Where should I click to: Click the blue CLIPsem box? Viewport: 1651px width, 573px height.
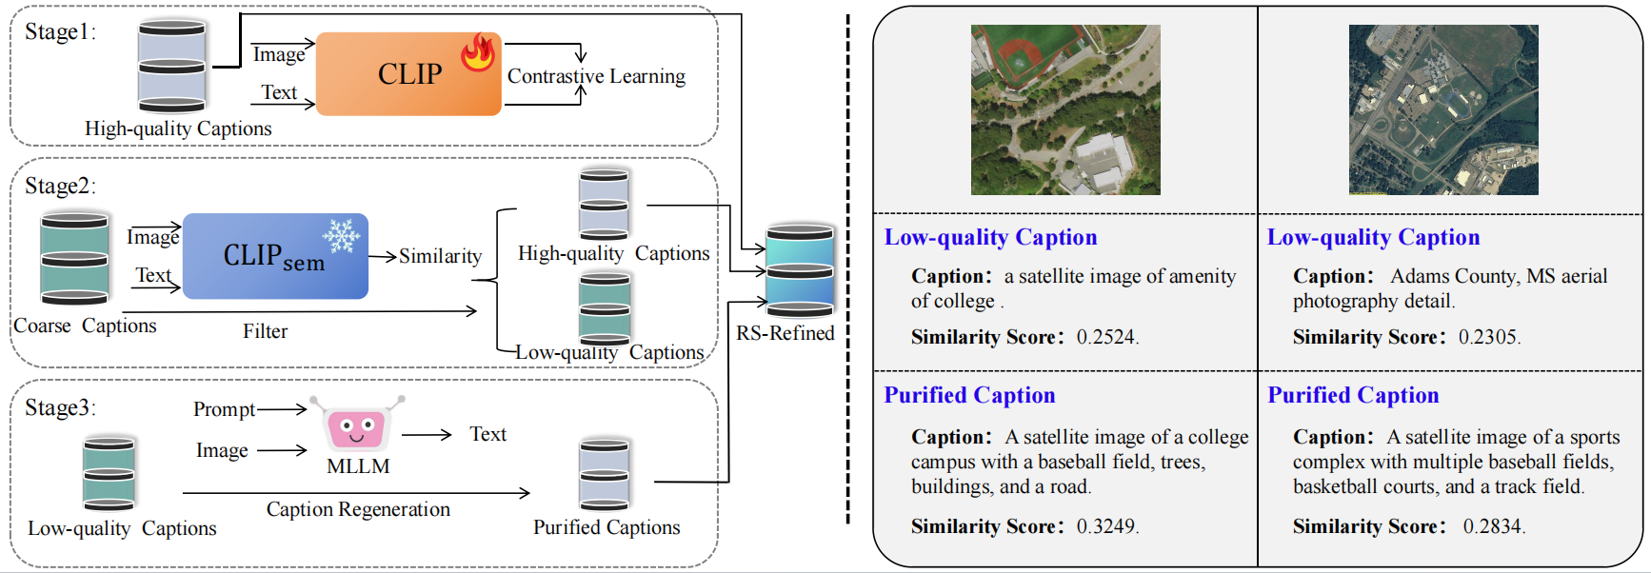pos(274,256)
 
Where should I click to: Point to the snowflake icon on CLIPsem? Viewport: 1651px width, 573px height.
pos(341,234)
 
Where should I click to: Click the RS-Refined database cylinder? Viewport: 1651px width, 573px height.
pos(800,271)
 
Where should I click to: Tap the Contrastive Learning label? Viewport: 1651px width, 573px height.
pos(596,76)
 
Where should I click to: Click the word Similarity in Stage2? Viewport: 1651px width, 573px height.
pos(440,256)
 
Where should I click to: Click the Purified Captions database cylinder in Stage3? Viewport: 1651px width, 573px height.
pos(605,475)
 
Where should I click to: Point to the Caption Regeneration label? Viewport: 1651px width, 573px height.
pos(358,509)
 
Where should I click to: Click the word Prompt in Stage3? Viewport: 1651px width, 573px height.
pos(224,409)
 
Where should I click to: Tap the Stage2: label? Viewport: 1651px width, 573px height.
pos(60,186)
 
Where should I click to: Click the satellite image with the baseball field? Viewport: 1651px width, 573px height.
pos(1065,110)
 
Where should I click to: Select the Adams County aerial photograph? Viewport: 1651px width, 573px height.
pos(1443,110)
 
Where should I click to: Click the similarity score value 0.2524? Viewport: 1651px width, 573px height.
pos(1107,337)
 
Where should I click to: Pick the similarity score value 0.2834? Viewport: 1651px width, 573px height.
pos(1494,526)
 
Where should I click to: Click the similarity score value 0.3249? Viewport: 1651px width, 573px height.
pos(1107,526)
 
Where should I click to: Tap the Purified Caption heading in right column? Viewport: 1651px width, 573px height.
pos(1353,395)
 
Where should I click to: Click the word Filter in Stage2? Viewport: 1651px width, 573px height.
pos(265,331)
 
